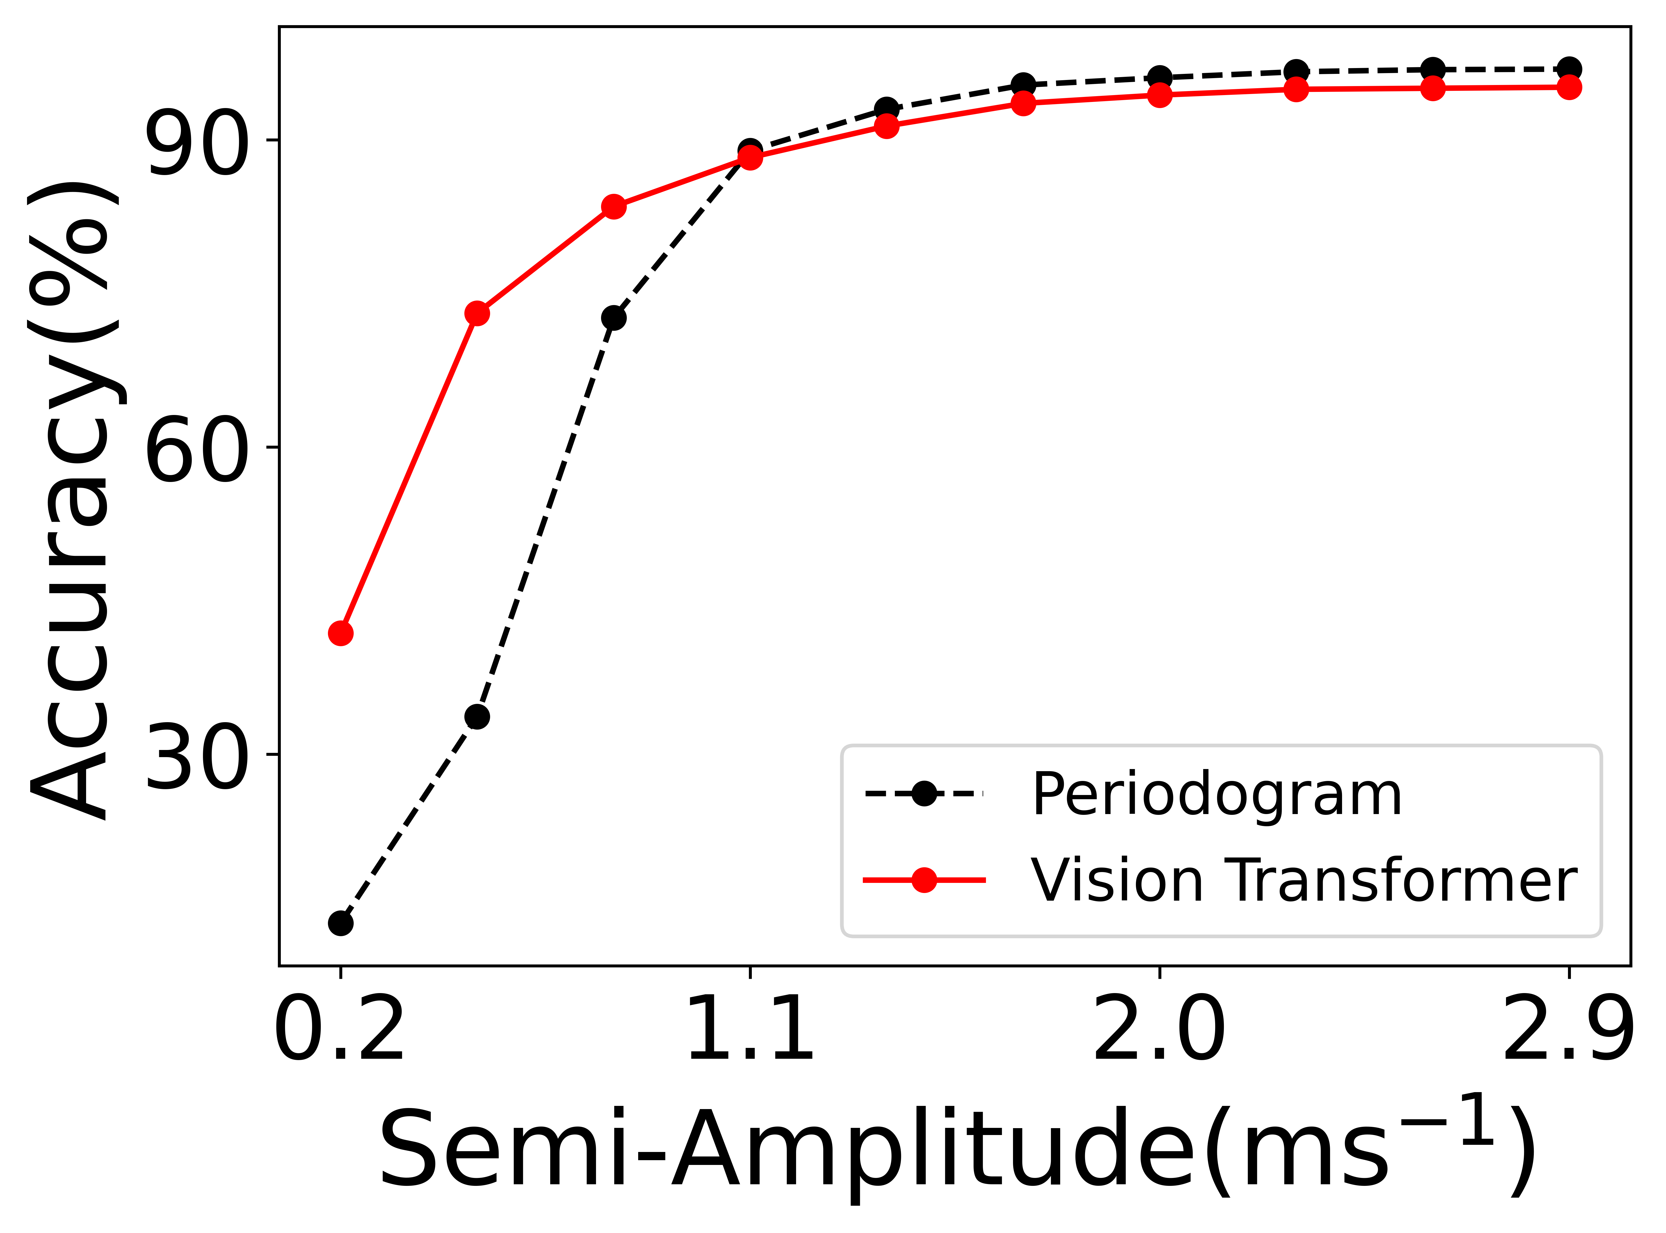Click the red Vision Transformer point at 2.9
coord(1568,87)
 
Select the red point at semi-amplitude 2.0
coord(1159,95)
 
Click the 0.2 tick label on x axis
coord(340,1030)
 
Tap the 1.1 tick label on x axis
coord(749,1030)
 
